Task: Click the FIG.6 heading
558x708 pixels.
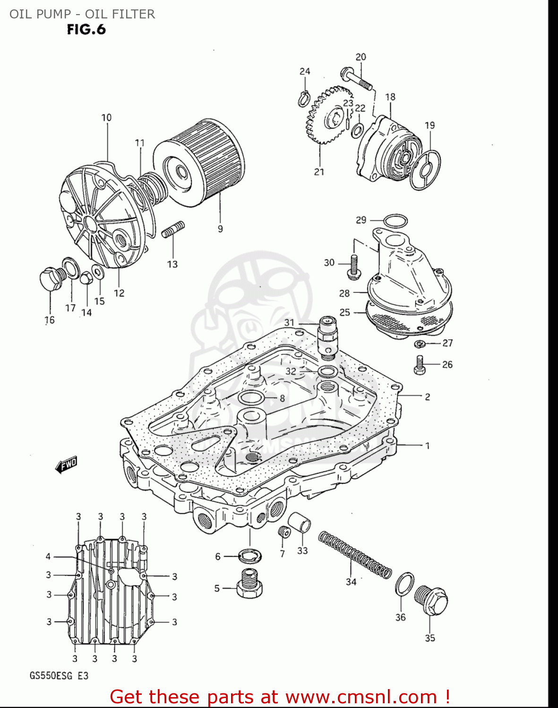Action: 86,30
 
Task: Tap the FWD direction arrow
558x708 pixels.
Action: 66,465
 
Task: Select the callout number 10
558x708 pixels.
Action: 106,118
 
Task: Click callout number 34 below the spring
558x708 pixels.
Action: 351,582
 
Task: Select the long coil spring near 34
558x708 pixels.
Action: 354,555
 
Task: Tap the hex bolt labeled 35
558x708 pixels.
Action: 431,601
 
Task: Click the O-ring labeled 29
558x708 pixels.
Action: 395,220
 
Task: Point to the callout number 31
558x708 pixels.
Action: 289,323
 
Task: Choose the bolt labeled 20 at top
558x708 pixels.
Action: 356,79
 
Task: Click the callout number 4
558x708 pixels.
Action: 48,556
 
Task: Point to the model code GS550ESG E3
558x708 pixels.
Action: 59,675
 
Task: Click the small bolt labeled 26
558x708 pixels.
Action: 420,364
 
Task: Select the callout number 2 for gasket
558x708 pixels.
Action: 427,397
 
